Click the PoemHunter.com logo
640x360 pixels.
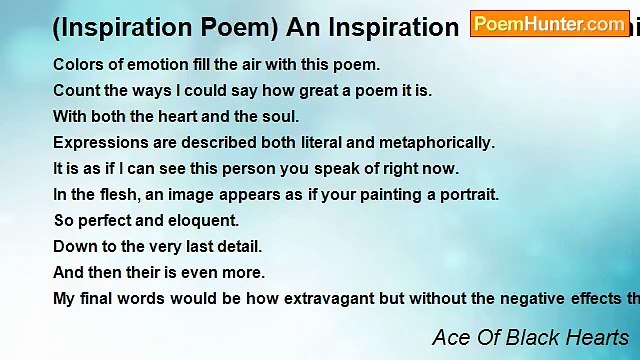coord(550,24)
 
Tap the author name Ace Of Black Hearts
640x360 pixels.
coord(530,338)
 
